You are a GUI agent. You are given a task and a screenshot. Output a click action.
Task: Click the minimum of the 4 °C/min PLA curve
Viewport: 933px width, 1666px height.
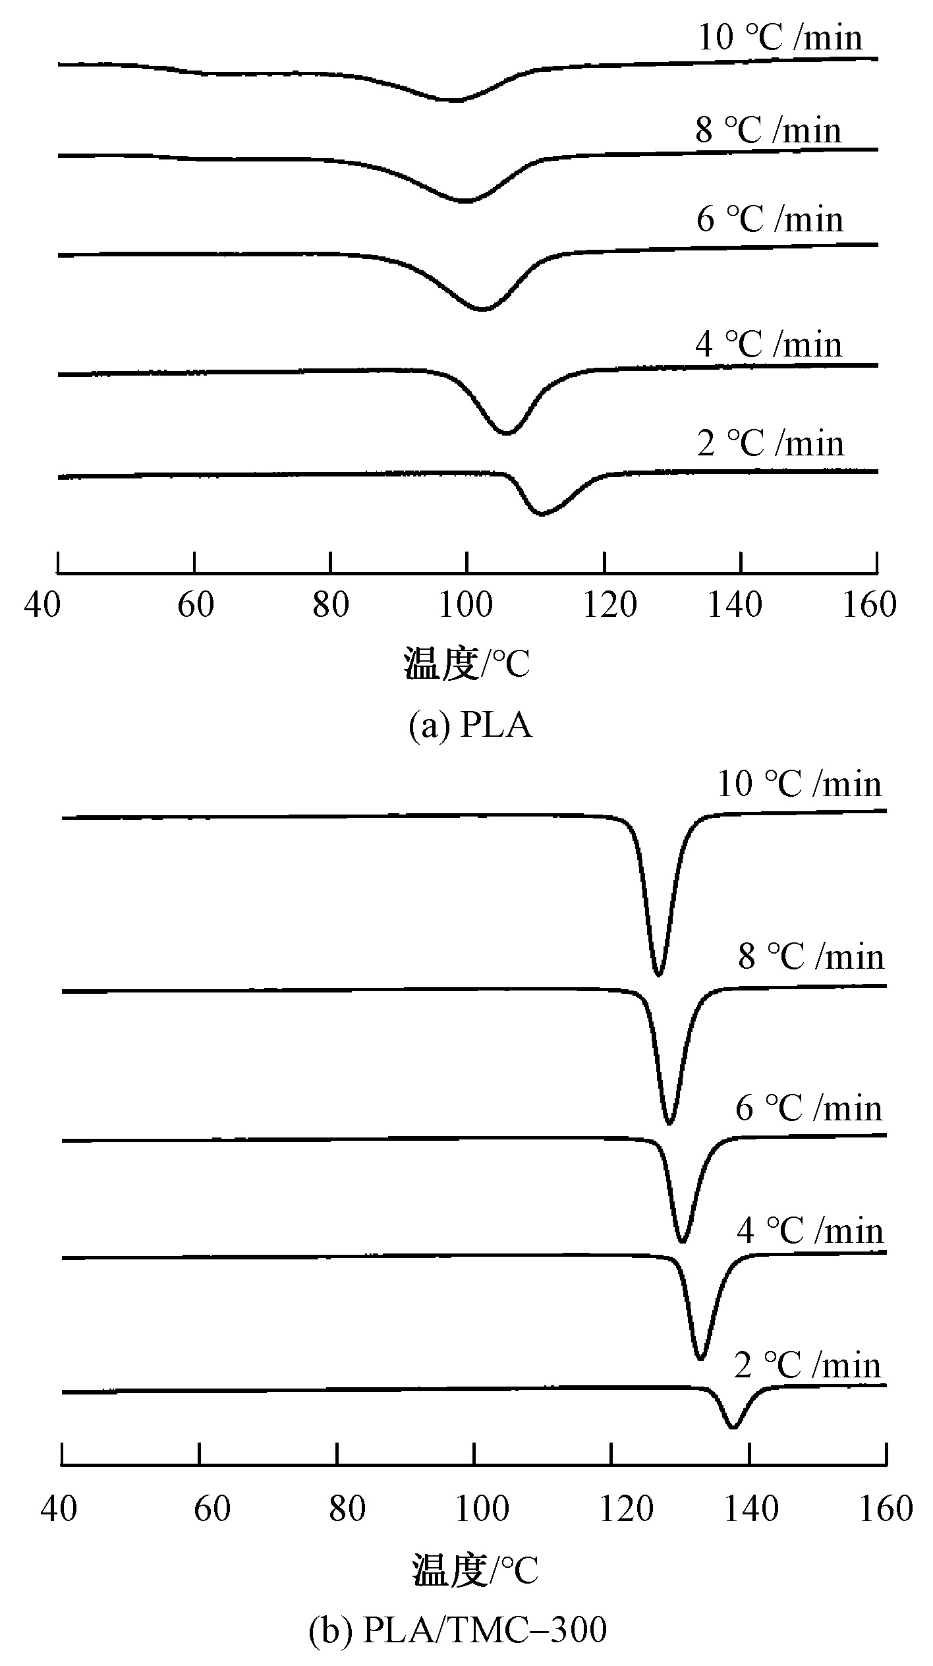(x=507, y=433)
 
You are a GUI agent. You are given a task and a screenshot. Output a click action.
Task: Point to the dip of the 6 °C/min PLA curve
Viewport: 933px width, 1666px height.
(x=482, y=309)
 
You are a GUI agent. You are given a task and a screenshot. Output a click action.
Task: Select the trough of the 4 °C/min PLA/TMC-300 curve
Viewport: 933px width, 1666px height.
(x=700, y=1358)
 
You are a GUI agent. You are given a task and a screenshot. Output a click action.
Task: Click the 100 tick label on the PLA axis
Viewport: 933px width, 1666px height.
(x=466, y=605)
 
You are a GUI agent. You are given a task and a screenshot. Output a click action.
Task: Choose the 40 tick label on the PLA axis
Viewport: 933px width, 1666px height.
(x=42, y=605)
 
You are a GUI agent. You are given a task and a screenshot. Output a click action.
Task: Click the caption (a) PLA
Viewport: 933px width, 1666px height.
(x=470, y=726)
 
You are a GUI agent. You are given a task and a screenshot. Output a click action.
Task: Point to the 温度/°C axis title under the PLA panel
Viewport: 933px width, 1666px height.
(x=466, y=664)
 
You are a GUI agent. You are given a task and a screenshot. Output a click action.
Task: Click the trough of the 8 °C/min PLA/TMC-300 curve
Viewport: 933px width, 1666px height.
(x=669, y=1123)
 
